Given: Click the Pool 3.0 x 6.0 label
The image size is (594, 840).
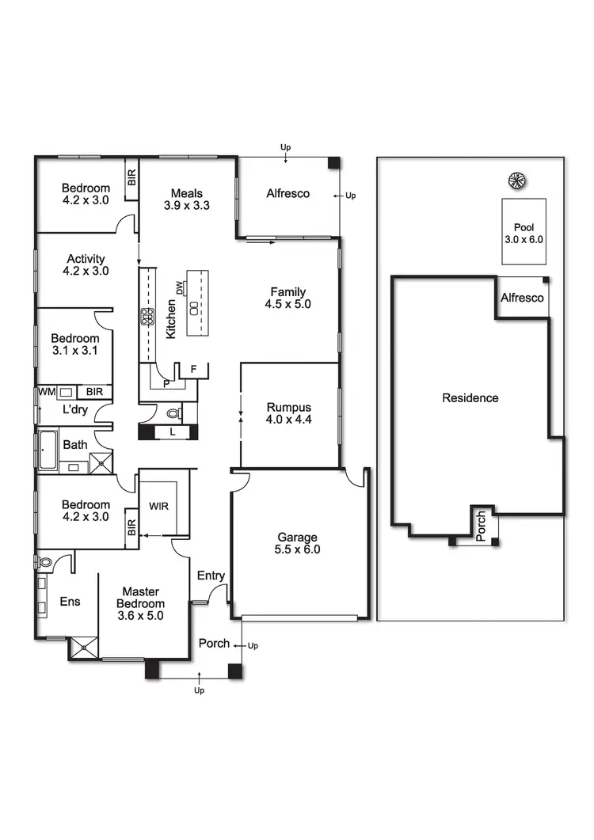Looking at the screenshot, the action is tap(524, 232).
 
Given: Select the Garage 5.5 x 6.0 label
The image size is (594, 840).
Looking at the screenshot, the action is tap(299, 543).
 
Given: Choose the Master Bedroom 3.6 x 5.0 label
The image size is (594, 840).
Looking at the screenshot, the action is tap(140, 603).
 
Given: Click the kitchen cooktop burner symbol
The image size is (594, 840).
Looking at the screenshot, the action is tap(147, 317).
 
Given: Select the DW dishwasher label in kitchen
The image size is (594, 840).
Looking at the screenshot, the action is tap(180, 289).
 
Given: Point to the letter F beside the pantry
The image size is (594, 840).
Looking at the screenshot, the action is tap(193, 369).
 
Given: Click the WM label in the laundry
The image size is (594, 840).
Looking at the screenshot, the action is tap(44, 392).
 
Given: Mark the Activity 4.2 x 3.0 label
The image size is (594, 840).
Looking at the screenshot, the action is tap(86, 264).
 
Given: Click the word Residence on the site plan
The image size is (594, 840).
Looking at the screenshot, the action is tap(470, 398).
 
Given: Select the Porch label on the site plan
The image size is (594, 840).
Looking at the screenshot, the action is tap(481, 525).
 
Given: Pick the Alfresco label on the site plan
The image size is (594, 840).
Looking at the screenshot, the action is tap(522, 298).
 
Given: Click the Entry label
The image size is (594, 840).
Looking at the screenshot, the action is tap(211, 576).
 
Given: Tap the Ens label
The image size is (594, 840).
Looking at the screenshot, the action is tap(70, 602).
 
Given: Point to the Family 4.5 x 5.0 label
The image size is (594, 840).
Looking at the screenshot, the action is tap(287, 298).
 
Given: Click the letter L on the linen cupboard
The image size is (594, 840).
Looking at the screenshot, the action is tap(173, 431).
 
